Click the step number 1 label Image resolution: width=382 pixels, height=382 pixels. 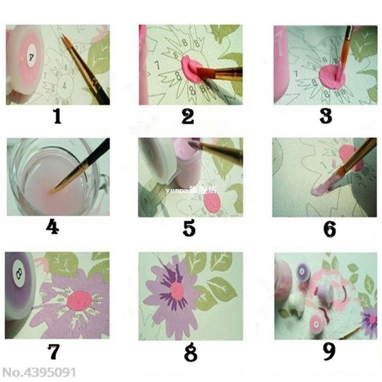click(57, 116)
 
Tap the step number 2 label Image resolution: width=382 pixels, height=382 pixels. click(188, 116)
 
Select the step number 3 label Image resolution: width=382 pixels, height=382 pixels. click(326, 116)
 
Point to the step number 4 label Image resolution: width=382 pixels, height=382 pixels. click(52, 228)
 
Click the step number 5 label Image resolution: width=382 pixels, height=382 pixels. click(189, 228)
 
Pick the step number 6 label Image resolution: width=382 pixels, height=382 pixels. click(329, 229)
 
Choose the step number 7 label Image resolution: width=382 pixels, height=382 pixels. click(53, 351)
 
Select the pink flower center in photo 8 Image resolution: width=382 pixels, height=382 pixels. click(177, 291)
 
